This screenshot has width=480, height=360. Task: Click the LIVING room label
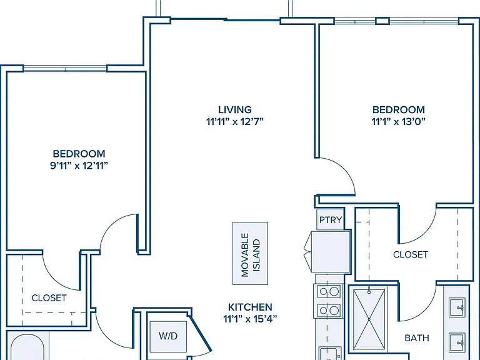[x=235, y=109]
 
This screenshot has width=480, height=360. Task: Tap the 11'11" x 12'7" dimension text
[x=235, y=122]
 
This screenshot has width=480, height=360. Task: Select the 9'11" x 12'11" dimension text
[x=79, y=166]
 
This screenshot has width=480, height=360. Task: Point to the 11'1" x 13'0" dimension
[x=399, y=122]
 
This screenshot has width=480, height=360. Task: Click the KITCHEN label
[x=250, y=307]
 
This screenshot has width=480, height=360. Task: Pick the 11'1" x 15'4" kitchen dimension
[x=250, y=319]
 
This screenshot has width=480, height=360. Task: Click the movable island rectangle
[x=251, y=254]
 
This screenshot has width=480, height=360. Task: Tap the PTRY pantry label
[x=331, y=220]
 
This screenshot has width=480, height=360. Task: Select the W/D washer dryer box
[x=168, y=336]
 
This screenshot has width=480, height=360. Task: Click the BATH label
[x=417, y=338]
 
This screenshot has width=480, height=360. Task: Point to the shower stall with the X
[x=369, y=319]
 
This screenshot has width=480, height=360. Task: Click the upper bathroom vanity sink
[x=457, y=307]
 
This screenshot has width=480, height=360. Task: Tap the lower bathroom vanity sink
[x=457, y=342]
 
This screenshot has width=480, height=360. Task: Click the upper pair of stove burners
[x=329, y=292]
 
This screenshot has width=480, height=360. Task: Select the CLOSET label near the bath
[x=411, y=254]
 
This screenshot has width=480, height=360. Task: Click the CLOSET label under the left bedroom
[x=49, y=298]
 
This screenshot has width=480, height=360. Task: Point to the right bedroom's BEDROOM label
[x=399, y=109]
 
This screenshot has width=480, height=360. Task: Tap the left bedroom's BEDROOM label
[x=79, y=153]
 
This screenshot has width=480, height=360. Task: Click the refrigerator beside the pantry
[x=330, y=252]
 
